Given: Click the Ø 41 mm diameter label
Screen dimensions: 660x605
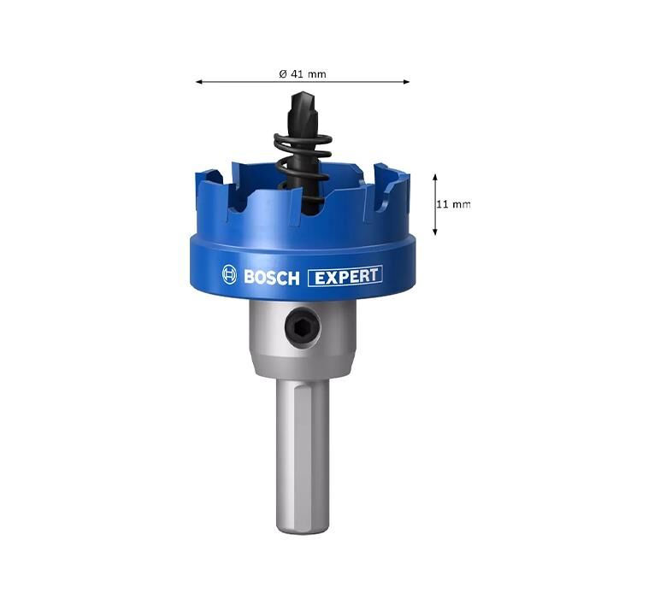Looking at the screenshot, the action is click(x=303, y=74).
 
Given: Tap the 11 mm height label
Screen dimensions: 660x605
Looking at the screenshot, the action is click(x=453, y=204).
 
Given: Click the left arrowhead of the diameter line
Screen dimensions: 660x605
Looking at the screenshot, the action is click(x=199, y=82).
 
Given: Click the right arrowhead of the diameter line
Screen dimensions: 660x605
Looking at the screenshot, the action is click(x=406, y=82).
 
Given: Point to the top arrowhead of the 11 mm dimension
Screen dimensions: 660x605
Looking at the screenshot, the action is click(x=435, y=177).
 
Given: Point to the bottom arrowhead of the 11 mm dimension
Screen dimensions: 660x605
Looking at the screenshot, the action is click(x=435, y=232).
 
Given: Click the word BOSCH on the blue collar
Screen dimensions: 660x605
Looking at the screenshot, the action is click(x=272, y=278).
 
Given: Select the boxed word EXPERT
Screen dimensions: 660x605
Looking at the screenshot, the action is click(x=345, y=276).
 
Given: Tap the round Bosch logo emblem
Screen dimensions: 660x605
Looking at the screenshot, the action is click(x=229, y=275).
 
